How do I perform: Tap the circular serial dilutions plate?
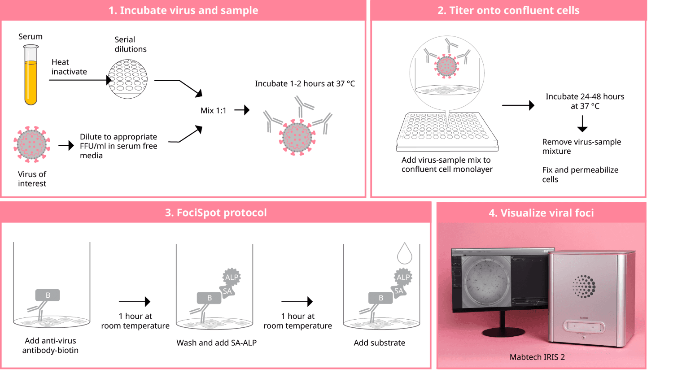coord(128,78)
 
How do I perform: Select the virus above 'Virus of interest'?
coord(32,143)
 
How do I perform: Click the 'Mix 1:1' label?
coord(214,110)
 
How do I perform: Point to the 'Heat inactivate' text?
coord(69,67)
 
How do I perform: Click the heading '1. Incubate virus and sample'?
coord(183,10)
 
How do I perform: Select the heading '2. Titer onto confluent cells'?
coord(508,10)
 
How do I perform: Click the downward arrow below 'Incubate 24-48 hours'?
coord(582,123)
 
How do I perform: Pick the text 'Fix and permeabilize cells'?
coord(580,174)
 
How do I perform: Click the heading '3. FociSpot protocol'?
coord(216,213)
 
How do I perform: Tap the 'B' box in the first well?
coord(48,295)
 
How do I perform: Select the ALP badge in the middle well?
coord(232,277)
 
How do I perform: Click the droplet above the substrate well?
coord(404,254)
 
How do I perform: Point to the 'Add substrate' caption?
coord(379,343)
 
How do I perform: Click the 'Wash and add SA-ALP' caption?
coord(216,343)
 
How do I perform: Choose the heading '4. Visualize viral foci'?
coord(541,213)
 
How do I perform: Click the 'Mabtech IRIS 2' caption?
coord(537,357)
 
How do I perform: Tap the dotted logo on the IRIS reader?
coord(584,286)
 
